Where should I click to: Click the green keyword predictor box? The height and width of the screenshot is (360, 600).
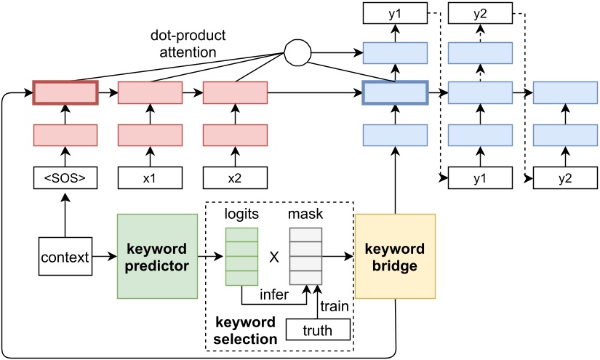pos(157,256)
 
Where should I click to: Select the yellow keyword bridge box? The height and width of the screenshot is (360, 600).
pos(395,256)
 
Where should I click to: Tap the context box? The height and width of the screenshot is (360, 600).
pos(65,257)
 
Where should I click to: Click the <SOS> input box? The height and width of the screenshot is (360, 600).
pos(65,178)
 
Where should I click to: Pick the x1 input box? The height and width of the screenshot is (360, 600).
pos(151,178)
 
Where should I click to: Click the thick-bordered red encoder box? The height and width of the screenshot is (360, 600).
pos(65,93)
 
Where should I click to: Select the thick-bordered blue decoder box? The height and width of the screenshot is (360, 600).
pos(395,93)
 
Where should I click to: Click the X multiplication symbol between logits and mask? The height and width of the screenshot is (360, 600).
pos(274,257)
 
